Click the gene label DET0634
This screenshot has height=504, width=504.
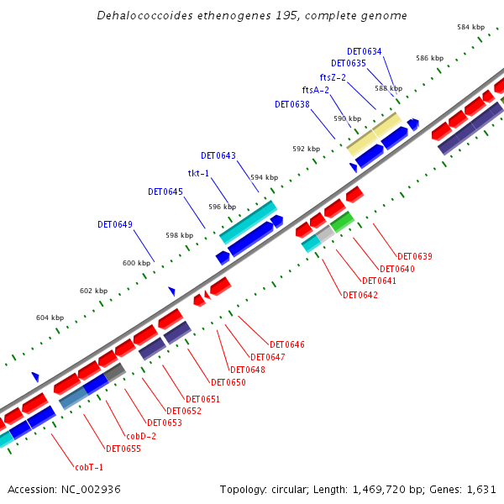(x=364, y=51)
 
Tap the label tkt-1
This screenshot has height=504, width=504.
(x=198, y=173)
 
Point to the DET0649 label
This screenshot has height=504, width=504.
(x=115, y=224)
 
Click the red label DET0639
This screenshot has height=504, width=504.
(x=415, y=256)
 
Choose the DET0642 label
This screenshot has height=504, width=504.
(x=360, y=295)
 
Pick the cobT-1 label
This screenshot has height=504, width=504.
(x=89, y=467)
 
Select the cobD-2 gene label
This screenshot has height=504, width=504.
(x=141, y=436)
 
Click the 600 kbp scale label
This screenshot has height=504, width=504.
(x=136, y=263)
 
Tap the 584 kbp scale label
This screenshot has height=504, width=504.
(x=471, y=28)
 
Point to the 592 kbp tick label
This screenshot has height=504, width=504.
(x=306, y=149)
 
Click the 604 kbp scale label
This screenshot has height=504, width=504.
(x=50, y=318)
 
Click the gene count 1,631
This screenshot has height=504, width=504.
(x=481, y=489)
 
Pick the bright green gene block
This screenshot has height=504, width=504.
(x=342, y=222)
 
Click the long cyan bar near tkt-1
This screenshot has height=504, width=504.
(x=248, y=222)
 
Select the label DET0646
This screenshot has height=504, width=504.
(x=287, y=344)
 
